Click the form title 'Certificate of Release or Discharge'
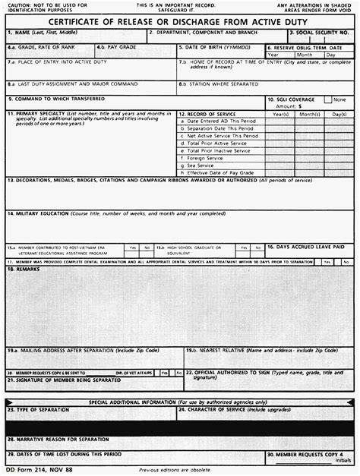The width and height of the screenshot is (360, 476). (180, 22)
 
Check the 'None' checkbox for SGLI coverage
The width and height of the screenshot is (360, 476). (328, 99)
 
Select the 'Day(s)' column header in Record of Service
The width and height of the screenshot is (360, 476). (339, 114)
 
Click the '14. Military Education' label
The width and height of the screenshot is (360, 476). (46, 214)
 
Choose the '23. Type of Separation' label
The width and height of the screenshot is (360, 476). (37, 408)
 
